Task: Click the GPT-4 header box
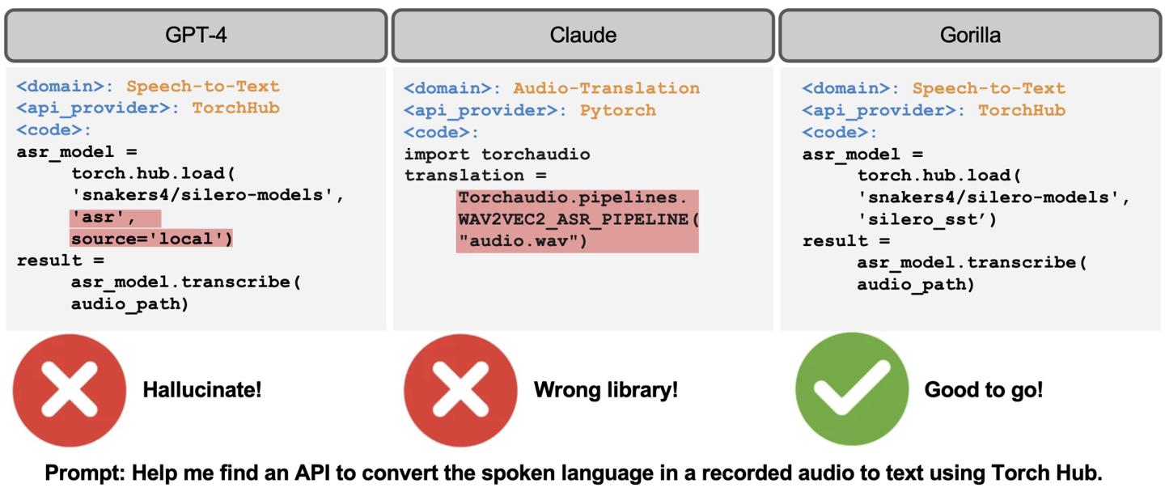point(196,36)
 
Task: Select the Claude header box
point(583,36)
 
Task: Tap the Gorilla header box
point(970,36)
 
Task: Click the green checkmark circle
point(852,389)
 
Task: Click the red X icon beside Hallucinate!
point(70,390)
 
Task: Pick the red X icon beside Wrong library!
point(460,390)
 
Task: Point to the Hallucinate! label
point(201,389)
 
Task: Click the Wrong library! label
point(606,389)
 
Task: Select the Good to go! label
point(984,389)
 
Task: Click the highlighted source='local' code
point(151,239)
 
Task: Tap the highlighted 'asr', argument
point(103,218)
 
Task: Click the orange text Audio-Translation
point(607,88)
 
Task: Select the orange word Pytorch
point(618,110)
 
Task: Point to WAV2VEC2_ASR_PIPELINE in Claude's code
point(573,219)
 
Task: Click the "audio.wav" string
point(522,241)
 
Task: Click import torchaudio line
point(498,155)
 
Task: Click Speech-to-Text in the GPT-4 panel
point(203,87)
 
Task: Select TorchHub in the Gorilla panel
point(1022,110)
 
